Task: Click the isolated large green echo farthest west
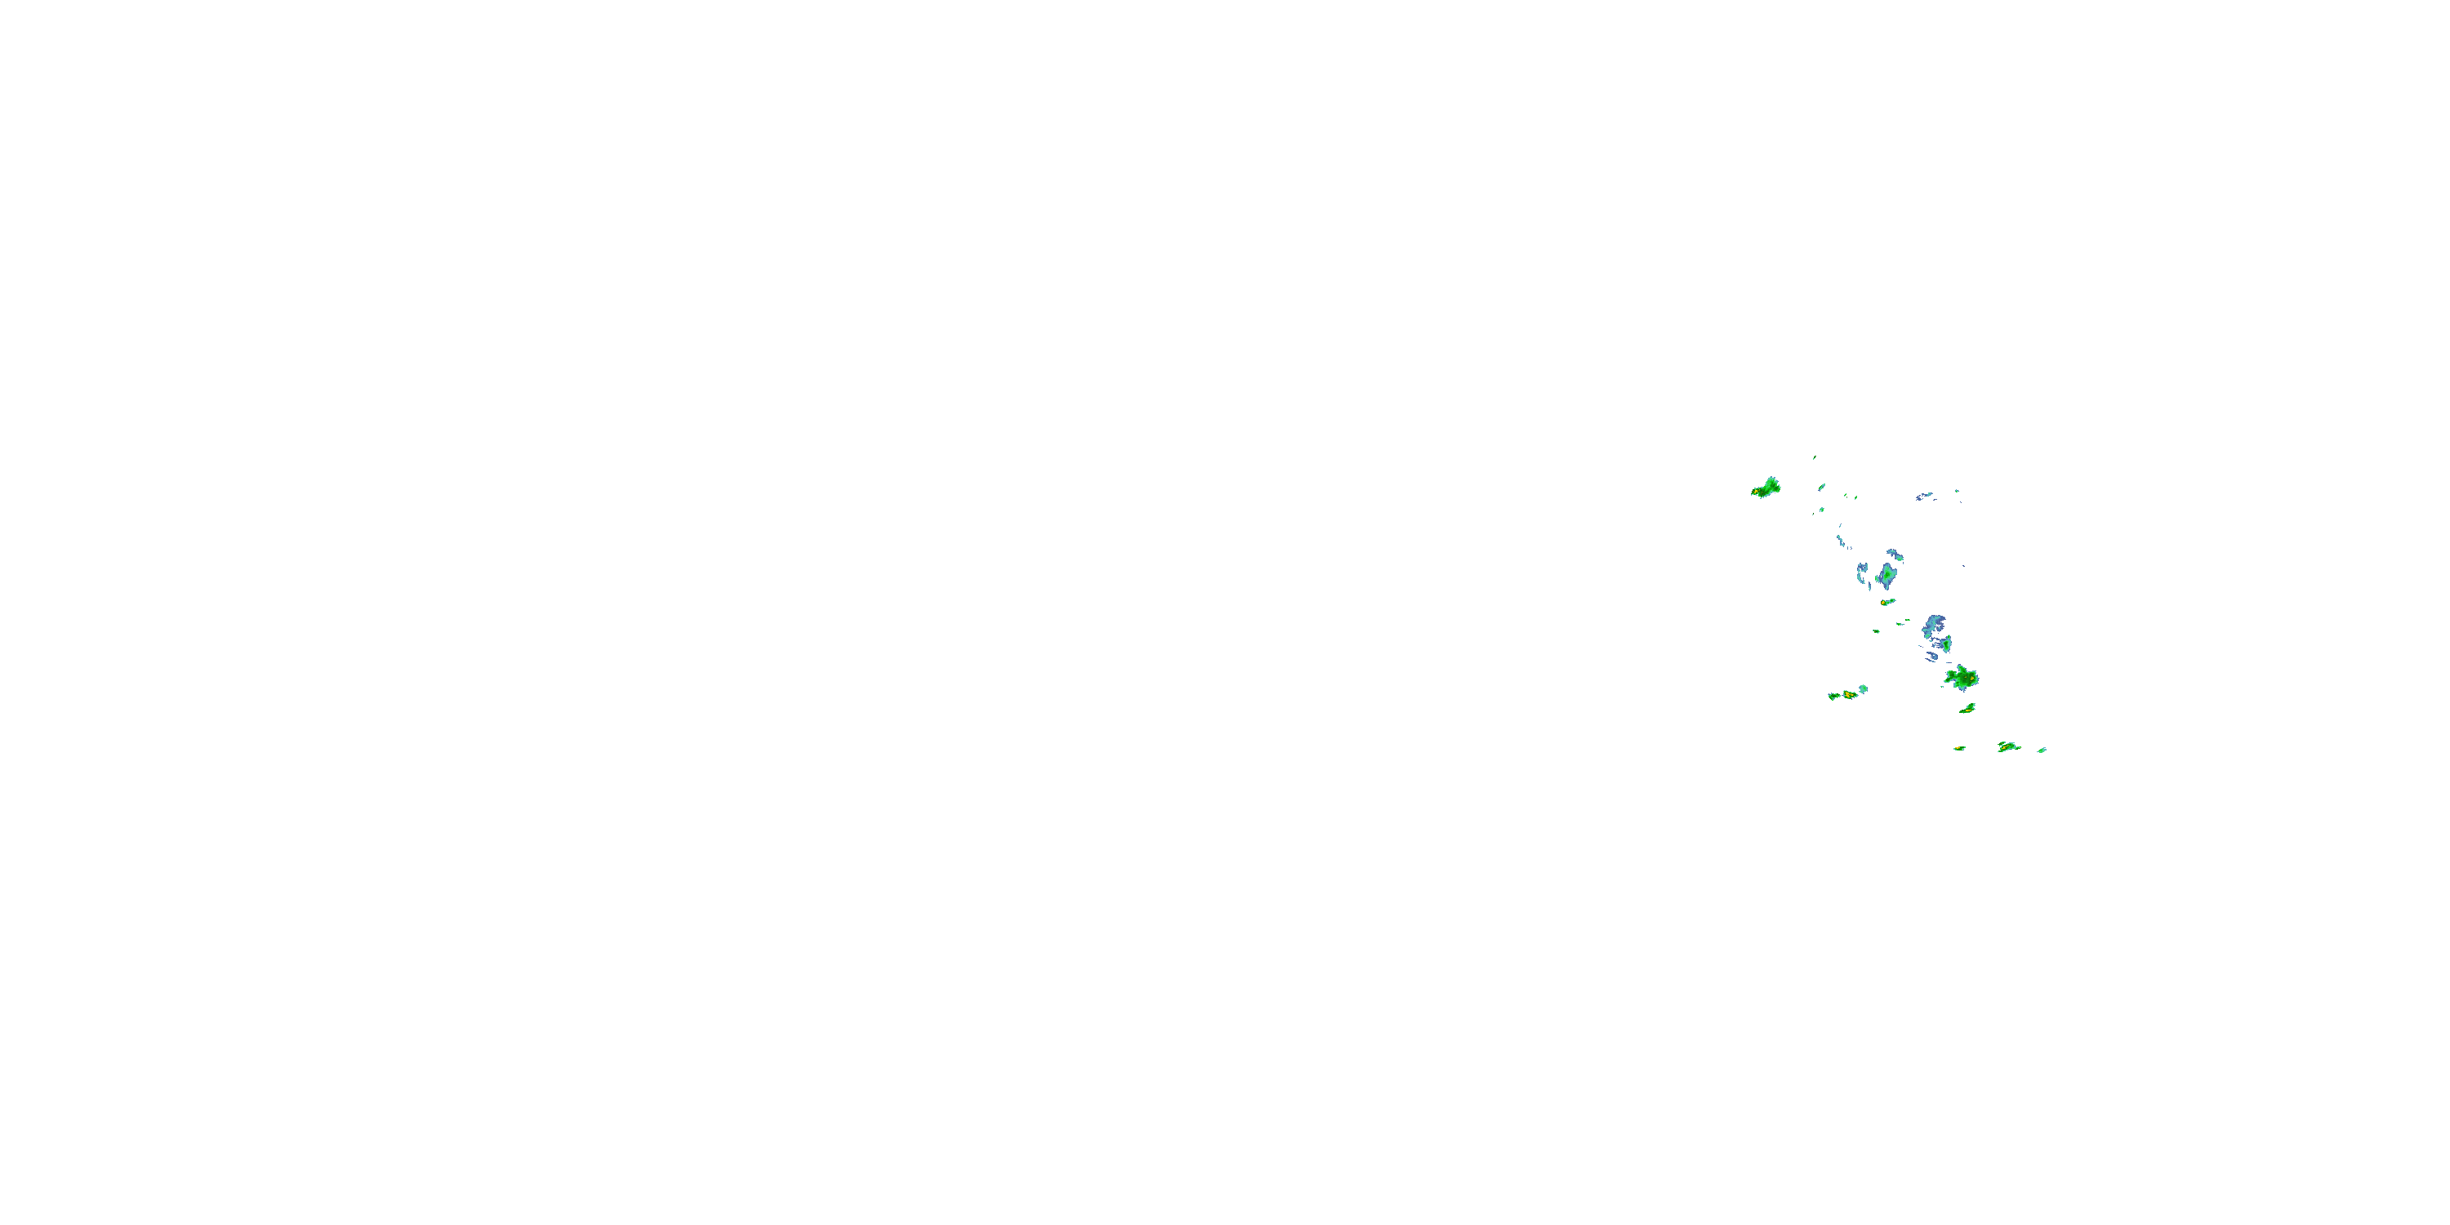[1767, 488]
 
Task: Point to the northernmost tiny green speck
[1814, 457]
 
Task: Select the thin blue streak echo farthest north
[1924, 497]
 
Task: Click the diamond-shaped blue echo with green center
[1886, 576]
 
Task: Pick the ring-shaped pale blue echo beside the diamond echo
[1862, 571]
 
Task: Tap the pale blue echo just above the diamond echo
[1895, 555]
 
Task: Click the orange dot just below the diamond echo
[1886, 602]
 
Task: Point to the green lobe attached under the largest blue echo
[1946, 645]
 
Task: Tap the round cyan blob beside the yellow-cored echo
[1863, 688]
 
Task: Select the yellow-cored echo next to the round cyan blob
[1849, 694]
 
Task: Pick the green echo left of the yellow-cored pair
[1833, 696]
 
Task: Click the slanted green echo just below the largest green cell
[1967, 709]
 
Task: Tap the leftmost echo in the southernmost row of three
[1959, 749]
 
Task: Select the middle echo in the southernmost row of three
[2007, 746]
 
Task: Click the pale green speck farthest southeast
[2042, 751]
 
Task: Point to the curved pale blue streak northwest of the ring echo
[1840, 540]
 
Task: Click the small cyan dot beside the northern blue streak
[1957, 491]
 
